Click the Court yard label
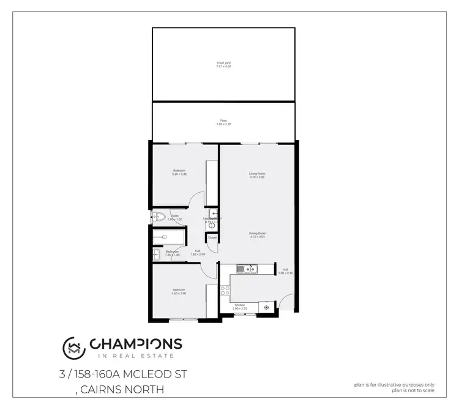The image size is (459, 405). (x=223, y=64)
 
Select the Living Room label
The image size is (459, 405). (x=257, y=175)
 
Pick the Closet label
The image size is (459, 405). (x=212, y=237)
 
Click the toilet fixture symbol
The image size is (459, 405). (x=159, y=215)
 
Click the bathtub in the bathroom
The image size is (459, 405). (x=165, y=237)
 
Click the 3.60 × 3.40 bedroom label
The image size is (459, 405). (x=179, y=173)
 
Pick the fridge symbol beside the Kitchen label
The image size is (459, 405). (x=266, y=307)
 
